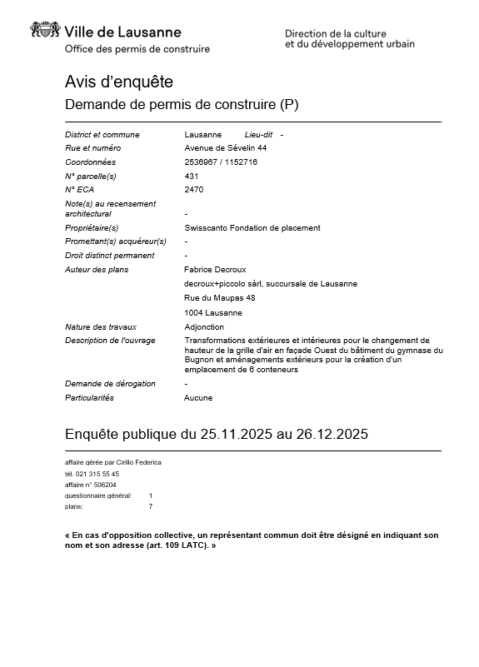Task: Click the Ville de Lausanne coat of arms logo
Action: pos(45,31)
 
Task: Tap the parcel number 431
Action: pos(191,176)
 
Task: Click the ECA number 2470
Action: pos(193,189)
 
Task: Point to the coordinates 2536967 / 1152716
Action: pos(221,162)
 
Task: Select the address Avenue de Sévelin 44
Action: pos(225,148)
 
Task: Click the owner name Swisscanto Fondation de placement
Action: pos(252,227)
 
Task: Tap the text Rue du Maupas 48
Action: pos(219,297)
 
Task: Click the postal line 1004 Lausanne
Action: pos(213,312)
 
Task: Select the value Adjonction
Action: pos(203,327)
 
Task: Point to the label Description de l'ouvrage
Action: pos(110,341)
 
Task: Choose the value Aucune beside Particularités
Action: pos(198,398)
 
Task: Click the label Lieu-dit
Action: pos(259,134)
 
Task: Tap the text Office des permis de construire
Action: pos(137,49)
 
